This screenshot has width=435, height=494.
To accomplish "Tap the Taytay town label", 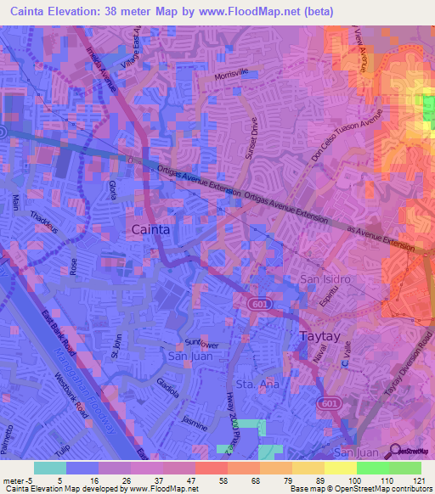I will click(x=320, y=336).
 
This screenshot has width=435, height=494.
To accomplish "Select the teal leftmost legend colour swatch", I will click(x=50, y=468).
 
